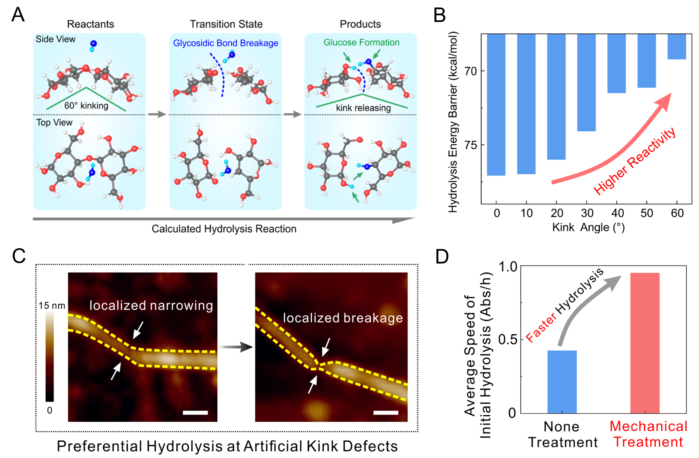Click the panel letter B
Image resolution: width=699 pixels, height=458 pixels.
[x=440, y=15]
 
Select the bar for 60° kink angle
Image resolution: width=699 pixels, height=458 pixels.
[x=677, y=46]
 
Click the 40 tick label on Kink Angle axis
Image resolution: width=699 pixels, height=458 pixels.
[x=617, y=213]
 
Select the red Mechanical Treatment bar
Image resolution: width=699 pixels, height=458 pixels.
[x=645, y=343]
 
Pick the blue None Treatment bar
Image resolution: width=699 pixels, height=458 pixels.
[x=562, y=382]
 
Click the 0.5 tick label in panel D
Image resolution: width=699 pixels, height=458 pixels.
[x=507, y=340]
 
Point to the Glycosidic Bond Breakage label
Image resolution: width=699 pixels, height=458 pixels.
[x=226, y=43]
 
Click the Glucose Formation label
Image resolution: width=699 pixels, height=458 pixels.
[x=361, y=43]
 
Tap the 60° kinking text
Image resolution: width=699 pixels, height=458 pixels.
[x=86, y=105]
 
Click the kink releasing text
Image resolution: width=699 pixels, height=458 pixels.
[x=363, y=108]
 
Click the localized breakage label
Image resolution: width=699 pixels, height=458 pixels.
[x=343, y=318]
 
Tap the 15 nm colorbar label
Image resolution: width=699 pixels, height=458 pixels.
[x=52, y=306]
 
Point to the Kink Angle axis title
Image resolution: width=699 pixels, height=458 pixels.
[x=588, y=227]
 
